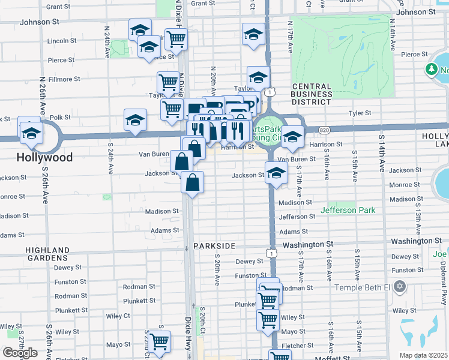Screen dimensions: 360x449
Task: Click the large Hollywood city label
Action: (44, 158)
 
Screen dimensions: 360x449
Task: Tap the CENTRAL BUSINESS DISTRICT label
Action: (312, 94)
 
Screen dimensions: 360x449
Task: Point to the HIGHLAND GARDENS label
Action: (48, 254)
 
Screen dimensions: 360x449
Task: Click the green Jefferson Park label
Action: (348, 210)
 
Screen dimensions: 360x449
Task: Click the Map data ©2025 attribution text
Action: (423, 355)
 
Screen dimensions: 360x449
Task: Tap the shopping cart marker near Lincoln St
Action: (176, 39)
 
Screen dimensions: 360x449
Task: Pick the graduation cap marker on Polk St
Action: (136, 120)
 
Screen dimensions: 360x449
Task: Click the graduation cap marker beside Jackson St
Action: (276, 173)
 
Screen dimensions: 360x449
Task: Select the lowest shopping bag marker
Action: (192, 183)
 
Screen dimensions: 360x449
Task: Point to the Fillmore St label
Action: (64, 79)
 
